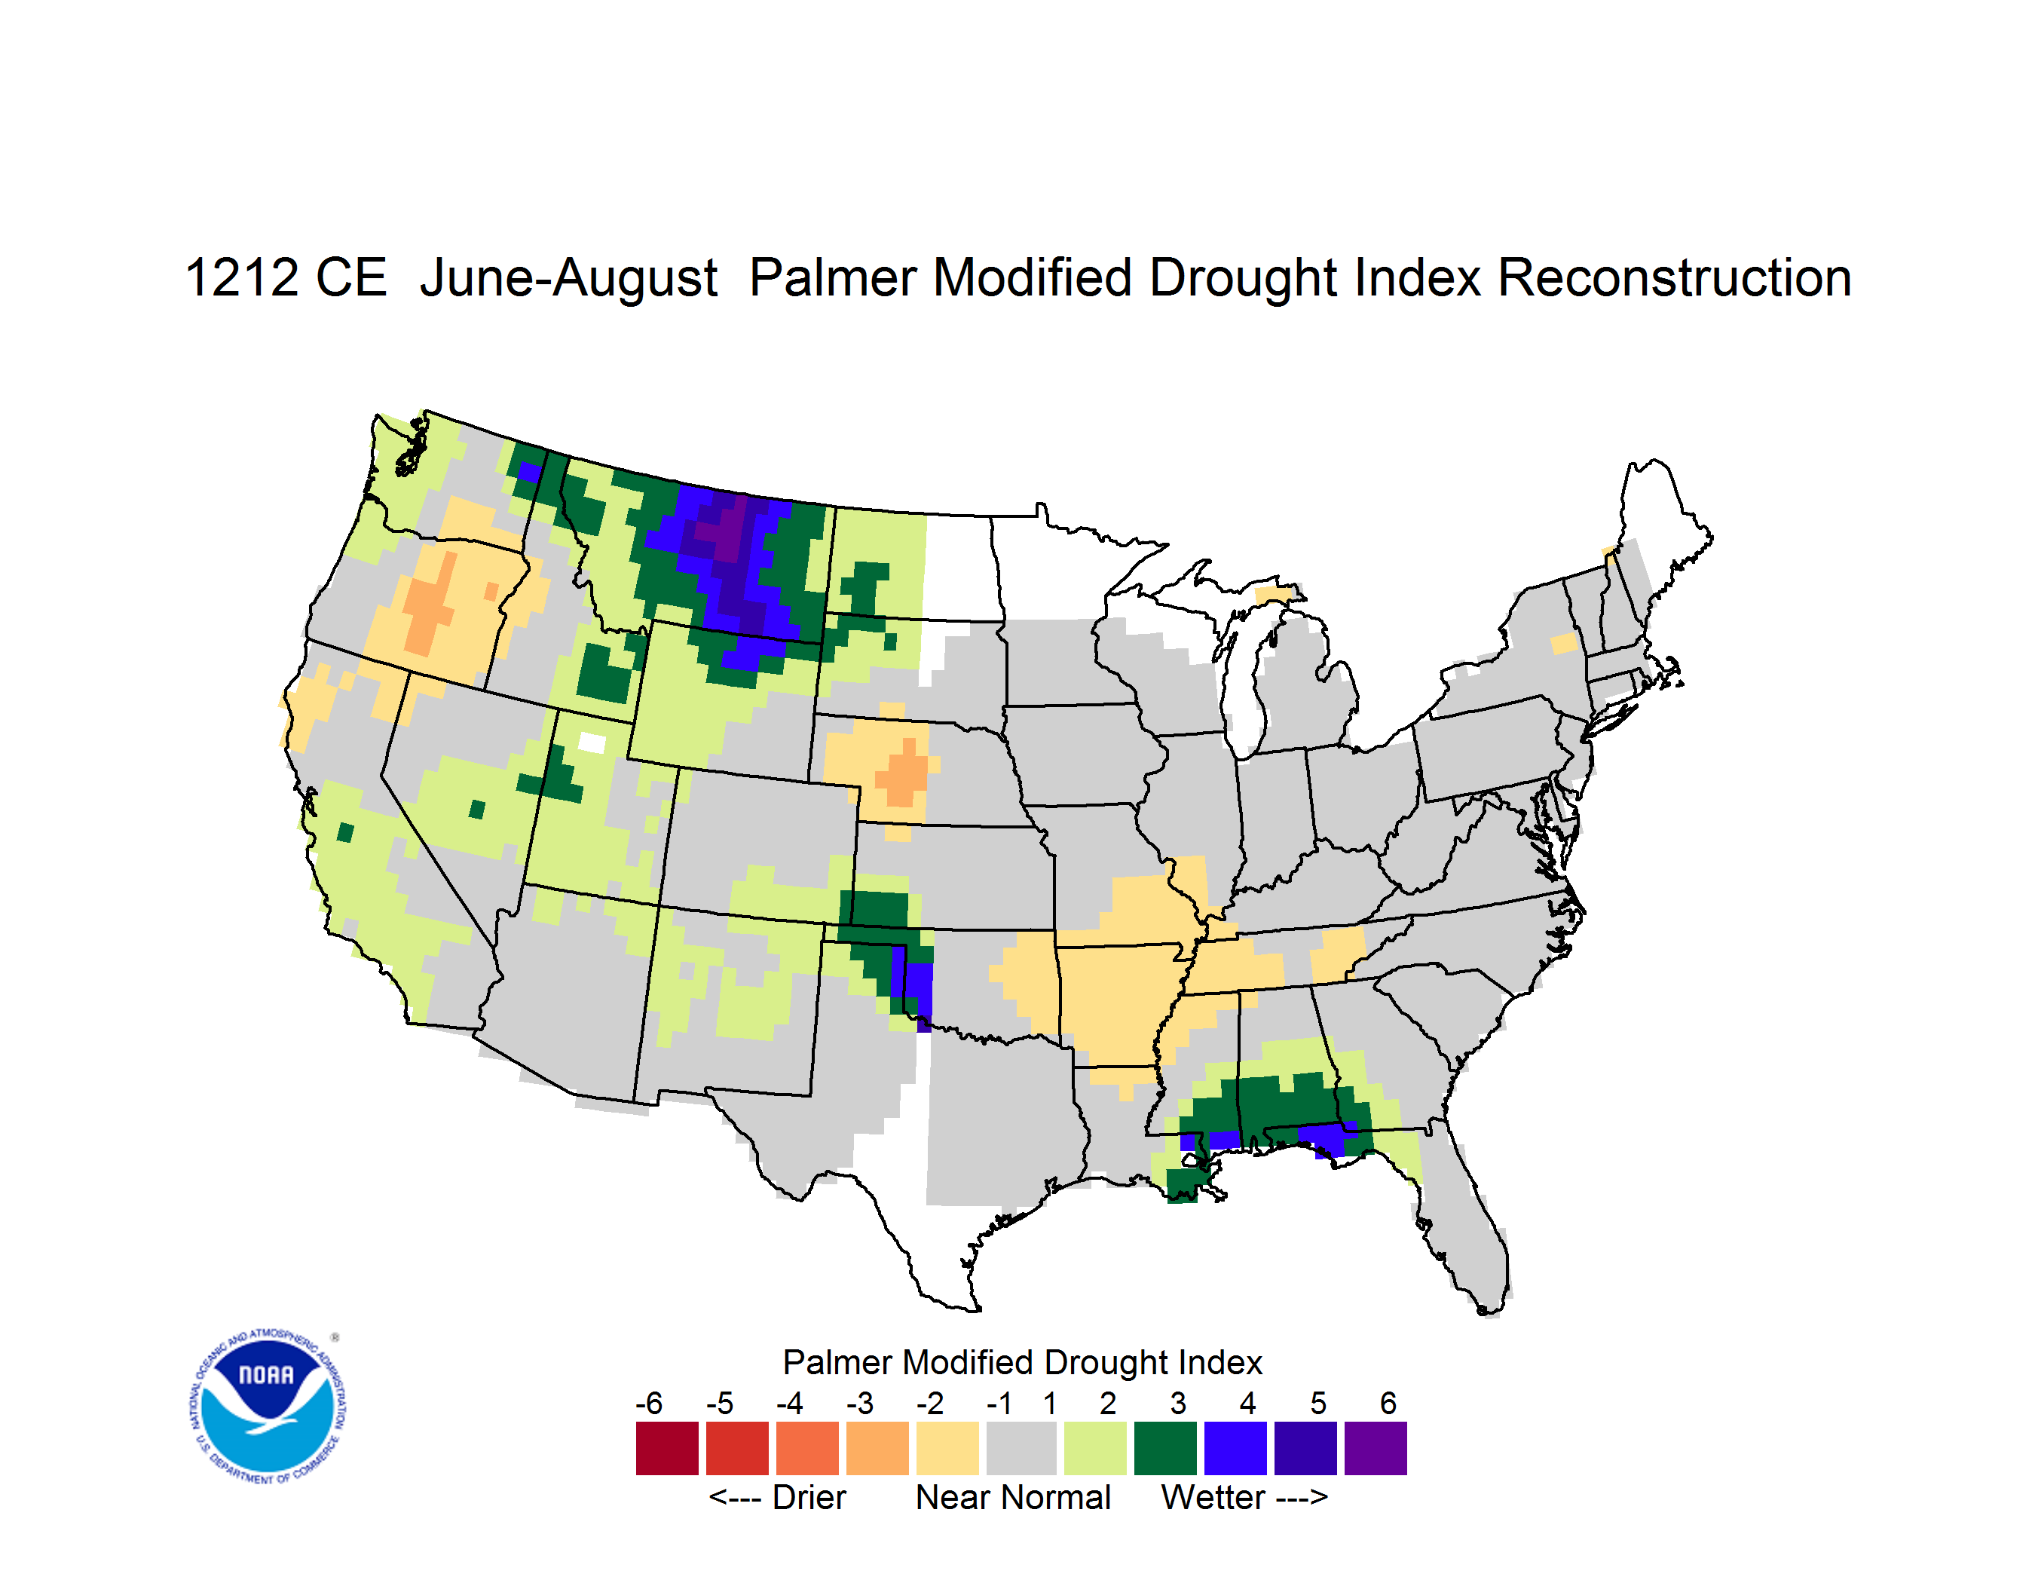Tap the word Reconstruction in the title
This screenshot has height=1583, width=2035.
1673,277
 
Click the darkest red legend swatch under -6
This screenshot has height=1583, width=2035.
667,1448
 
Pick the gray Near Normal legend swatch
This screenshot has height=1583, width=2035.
1021,1448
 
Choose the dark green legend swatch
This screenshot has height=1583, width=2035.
1164,1448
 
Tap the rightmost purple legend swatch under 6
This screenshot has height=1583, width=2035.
1376,1448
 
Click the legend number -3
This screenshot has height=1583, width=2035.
860,1403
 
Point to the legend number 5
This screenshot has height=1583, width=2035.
1317,1403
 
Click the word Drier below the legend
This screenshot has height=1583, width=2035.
809,1497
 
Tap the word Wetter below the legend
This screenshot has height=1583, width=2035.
1213,1497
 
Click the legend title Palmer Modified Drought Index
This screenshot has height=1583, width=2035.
1022,1362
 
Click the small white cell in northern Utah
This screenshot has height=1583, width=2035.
592,743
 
